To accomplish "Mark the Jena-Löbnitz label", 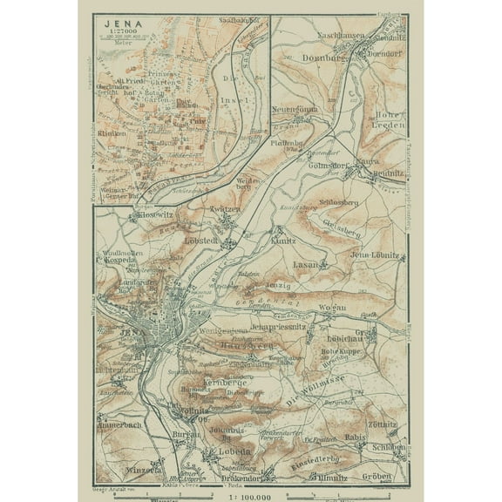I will (x=374, y=254).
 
